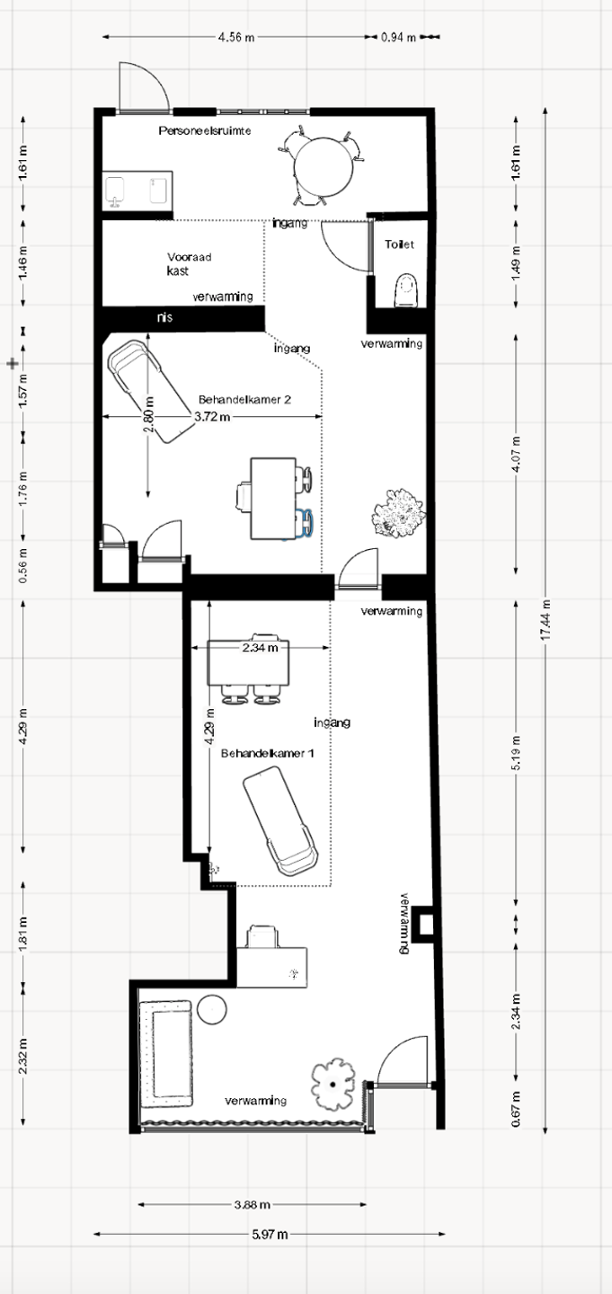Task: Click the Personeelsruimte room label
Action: point(205,131)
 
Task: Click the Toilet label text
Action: point(399,244)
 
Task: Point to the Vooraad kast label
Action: point(189,264)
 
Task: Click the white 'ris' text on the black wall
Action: point(164,317)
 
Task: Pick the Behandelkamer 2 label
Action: point(244,399)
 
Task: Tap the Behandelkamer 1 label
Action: point(268,753)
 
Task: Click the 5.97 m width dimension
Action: point(270,1234)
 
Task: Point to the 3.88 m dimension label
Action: point(253,1204)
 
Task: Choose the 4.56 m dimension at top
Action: point(235,38)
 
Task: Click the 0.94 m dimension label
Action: point(399,38)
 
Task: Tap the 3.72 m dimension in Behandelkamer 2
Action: point(212,416)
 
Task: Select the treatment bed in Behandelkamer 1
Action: point(280,821)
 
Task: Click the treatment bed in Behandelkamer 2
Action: point(151,391)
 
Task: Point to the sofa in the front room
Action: point(166,1054)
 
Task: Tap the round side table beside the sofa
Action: point(211,1009)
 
